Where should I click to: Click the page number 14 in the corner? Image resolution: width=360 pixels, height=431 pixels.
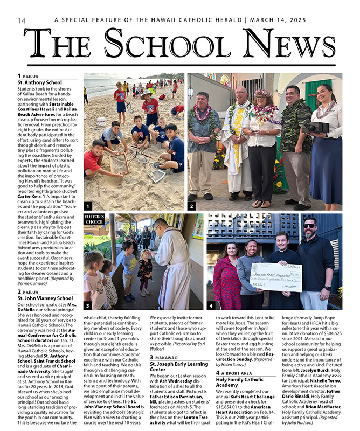tap(22, 20)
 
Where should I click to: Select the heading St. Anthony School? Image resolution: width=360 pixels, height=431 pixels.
tap(39, 82)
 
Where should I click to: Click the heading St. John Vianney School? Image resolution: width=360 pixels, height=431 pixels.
tap(45, 298)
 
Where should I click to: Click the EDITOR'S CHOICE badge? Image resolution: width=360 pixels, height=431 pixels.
tap(94, 219)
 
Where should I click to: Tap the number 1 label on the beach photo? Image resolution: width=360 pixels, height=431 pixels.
tap(87, 206)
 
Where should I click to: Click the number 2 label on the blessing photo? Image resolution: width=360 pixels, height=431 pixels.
tap(192, 206)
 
